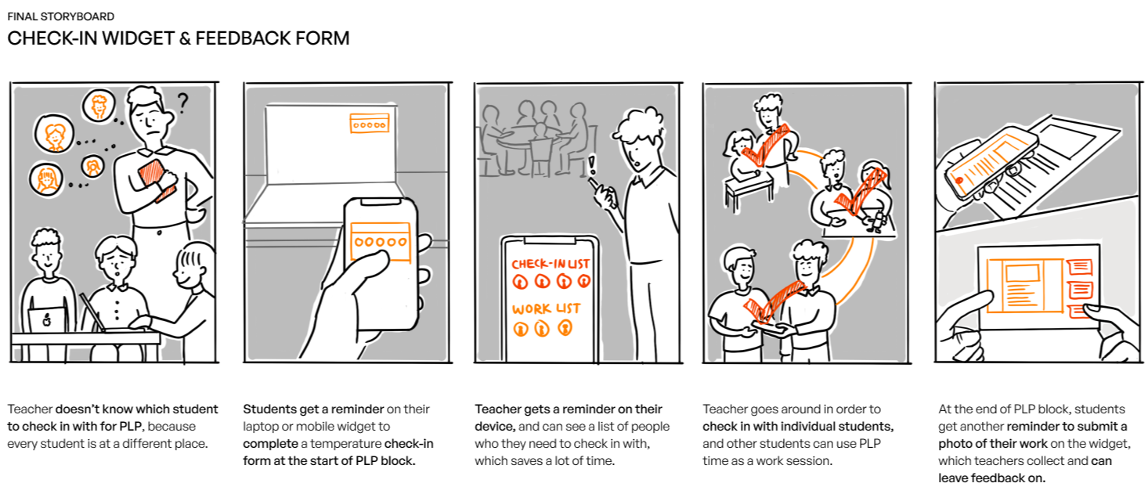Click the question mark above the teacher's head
tap(182, 103)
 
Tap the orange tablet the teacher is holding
tap(157, 180)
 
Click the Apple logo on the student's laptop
tap(47, 319)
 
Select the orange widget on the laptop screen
tap(370, 124)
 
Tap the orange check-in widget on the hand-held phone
tap(381, 242)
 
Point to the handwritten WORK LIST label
tap(547, 308)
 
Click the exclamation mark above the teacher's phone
tap(592, 165)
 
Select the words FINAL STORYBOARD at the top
tap(61, 16)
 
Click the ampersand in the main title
tap(185, 39)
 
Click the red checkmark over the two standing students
tap(773, 301)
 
